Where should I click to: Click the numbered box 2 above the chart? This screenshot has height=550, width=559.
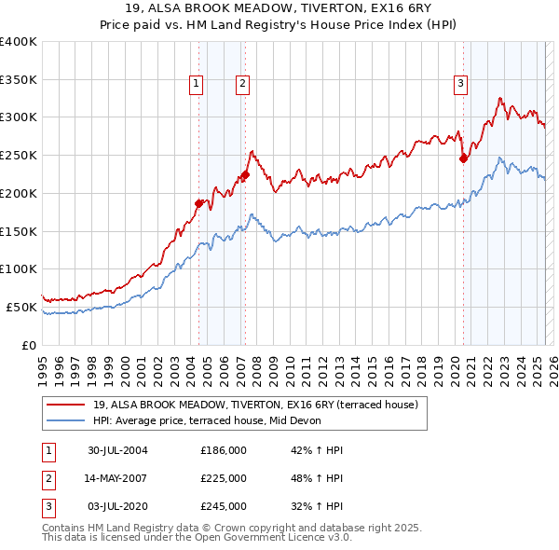242,84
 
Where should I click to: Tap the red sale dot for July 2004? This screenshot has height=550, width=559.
198,203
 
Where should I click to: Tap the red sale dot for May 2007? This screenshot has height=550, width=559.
245,173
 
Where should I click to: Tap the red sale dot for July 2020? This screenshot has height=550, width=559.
463,158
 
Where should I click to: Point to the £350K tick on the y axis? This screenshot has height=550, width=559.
20,79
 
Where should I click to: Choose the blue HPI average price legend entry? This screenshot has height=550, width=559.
206,420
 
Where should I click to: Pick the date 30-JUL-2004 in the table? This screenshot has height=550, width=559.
117,450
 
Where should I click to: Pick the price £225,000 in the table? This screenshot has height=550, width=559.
224,478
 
